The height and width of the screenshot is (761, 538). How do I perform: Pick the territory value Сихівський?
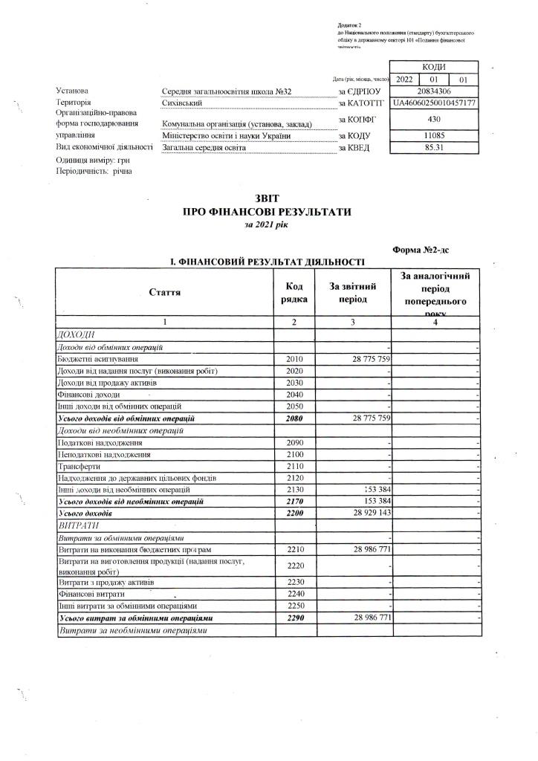click(x=183, y=103)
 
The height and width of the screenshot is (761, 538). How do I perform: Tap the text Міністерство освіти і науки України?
click(x=221, y=136)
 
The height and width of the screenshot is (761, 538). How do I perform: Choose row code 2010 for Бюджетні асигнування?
click(x=294, y=359)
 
